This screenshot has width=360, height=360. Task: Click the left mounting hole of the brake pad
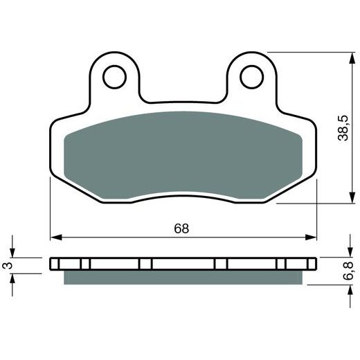click(117, 75)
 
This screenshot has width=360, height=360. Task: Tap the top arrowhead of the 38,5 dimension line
click(345, 56)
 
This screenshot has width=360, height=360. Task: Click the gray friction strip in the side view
click(183, 277)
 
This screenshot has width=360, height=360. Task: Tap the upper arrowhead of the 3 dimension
click(12, 253)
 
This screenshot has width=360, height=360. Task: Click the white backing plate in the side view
click(183, 264)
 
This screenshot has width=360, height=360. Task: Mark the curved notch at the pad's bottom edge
click(183, 196)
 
